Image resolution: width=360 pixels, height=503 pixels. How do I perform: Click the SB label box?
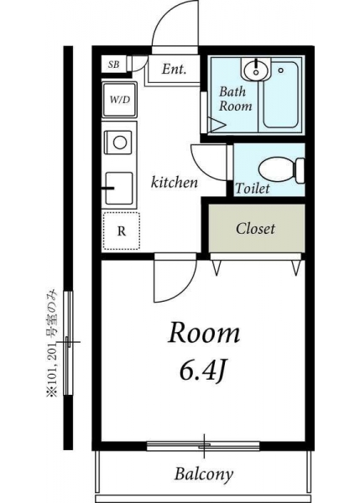point(113,65)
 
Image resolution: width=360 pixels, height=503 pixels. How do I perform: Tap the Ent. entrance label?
point(174,69)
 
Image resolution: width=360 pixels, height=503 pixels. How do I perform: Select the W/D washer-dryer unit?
point(119,100)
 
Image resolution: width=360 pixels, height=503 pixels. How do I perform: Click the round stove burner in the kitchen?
point(120,143)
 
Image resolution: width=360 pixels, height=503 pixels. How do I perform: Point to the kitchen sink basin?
point(119,189)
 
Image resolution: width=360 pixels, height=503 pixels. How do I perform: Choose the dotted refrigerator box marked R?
point(122,231)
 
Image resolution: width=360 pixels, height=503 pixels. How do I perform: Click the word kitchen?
point(174,182)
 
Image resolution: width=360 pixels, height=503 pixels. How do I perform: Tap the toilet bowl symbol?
point(281,170)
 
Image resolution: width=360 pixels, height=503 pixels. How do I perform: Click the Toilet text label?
point(253,188)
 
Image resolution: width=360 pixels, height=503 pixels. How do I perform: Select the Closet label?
point(255,229)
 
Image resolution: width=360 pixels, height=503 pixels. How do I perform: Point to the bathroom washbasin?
point(256,70)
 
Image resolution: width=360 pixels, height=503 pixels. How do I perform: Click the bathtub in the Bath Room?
point(280,95)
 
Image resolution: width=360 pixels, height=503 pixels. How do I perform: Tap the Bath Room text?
point(236,98)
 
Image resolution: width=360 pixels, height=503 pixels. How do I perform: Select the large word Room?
point(204,334)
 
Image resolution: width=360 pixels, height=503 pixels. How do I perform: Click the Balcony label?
point(204,474)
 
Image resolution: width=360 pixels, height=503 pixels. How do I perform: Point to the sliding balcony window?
point(203,446)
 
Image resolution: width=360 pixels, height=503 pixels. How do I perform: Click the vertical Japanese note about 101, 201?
point(51,343)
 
